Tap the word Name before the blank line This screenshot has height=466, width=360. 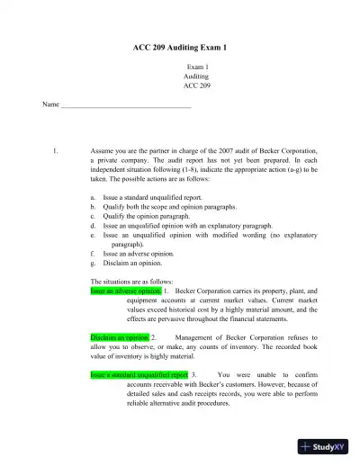[x=50, y=105]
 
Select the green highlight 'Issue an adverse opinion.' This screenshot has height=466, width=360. [x=126, y=291]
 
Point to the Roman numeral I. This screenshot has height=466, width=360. [x=57, y=150]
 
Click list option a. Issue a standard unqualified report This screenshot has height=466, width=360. [x=152, y=196]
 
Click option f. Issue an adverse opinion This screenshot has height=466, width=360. [x=145, y=254]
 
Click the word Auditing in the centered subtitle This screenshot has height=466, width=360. [x=196, y=77]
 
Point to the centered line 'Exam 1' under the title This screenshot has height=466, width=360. [x=196, y=67]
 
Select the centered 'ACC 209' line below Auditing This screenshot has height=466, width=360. [x=196, y=86]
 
